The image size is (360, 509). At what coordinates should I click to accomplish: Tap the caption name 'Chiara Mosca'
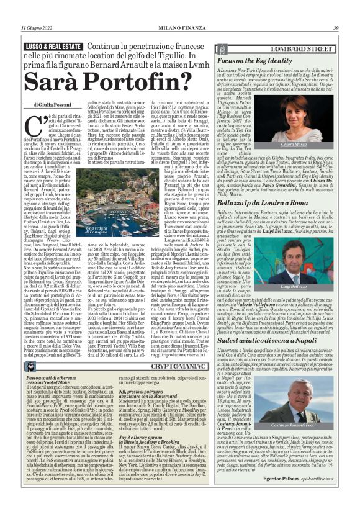[319, 143]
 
